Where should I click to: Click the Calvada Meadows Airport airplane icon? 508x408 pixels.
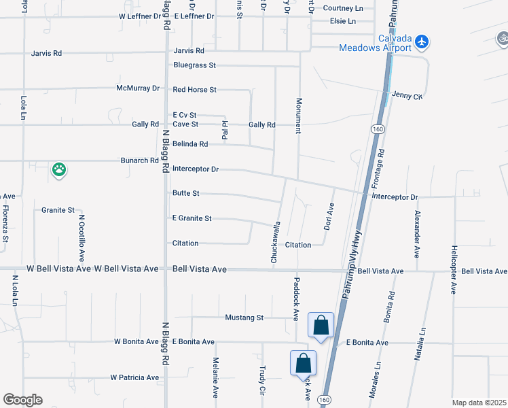(x=422, y=41)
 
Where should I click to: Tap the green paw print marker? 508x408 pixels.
(x=59, y=170)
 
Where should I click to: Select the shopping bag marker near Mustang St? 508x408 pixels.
(x=321, y=325)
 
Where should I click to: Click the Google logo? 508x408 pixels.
(x=22, y=400)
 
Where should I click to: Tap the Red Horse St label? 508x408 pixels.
(x=194, y=90)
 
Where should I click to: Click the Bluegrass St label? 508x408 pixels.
(x=194, y=65)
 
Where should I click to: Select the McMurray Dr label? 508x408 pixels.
(x=137, y=88)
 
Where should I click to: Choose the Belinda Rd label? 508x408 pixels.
(x=190, y=144)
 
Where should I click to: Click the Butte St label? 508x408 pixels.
(x=186, y=194)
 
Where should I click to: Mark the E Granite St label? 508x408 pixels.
(x=192, y=218)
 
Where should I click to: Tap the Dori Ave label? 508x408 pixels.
(x=328, y=216)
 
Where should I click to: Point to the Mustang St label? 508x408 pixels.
(x=244, y=318)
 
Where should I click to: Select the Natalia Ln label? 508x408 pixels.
(x=422, y=344)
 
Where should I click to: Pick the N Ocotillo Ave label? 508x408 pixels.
(x=81, y=238)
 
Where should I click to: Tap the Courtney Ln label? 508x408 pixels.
(x=343, y=8)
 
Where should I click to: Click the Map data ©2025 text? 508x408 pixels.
(x=478, y=403)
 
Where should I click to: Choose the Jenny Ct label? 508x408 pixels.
(x=408, y=97)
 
